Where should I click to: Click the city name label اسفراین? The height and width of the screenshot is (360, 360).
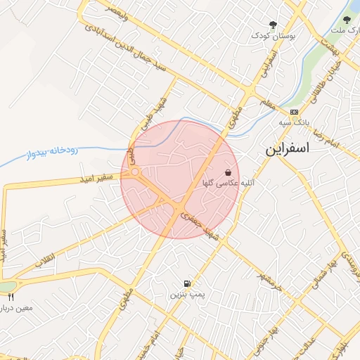pyautogui.click(x=291, y=150)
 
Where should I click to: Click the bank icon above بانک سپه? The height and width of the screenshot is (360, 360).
pyautogui.click(x=293, y=112)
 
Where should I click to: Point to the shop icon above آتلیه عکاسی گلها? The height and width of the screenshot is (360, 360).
pyautogui.click(x=229, y=172)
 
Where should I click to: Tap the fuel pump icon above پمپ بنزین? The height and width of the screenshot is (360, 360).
pyautogui.click(x=186, y=284)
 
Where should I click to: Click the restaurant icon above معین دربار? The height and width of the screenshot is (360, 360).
pyautogui.click(x=11, y=297)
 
